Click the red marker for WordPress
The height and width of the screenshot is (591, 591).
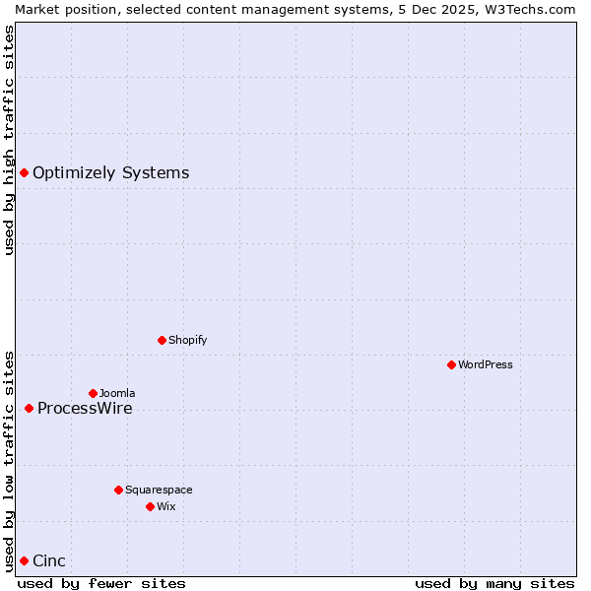click(x=452, y=364)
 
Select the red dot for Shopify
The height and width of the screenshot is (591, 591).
click(x=162, y=340)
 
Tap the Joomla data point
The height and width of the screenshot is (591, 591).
click(x=93, y=393)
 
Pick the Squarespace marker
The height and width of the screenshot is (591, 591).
click(x=118, y=490)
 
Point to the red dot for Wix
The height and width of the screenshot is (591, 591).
click(x=150, y=506)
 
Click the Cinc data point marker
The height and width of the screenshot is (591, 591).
click(x=24, y=560)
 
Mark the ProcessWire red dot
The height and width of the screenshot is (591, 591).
click(x=29, y=408)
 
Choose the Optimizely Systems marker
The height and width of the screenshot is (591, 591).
click(x=24, y=172)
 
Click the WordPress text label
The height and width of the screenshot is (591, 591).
click(x=486, y=364)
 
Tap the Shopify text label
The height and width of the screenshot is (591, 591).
click(x=187, y=340)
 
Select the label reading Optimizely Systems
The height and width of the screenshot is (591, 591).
click(x=110, y=173)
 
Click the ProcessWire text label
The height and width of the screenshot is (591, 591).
click(x=85, y=409)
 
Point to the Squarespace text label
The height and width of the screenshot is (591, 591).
click(x=159, y=490)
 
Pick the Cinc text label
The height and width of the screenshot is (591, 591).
click(x=49, y=561)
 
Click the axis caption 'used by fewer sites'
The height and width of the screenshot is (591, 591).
click(x=101, y=583)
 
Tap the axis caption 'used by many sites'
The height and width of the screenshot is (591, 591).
click(x=494, y=583)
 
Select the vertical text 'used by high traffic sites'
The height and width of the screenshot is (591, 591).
click(x=9, y=140)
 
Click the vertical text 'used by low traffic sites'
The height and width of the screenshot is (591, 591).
click(x=9, y=460)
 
